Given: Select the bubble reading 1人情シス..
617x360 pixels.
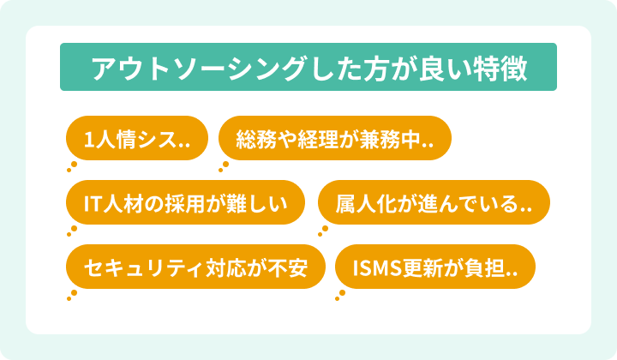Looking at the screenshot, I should pos(137,138).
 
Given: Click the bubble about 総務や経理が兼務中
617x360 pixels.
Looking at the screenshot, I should pos(334,138).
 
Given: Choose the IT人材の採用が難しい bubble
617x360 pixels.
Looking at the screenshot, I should pos(185,202).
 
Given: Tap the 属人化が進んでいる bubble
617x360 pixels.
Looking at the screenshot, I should pos(433,202).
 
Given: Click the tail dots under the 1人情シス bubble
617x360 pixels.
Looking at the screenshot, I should pos(73,165).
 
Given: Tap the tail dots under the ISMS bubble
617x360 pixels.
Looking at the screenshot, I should pos(341,295).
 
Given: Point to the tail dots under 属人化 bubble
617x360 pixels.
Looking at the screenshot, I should pos(323,230).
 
